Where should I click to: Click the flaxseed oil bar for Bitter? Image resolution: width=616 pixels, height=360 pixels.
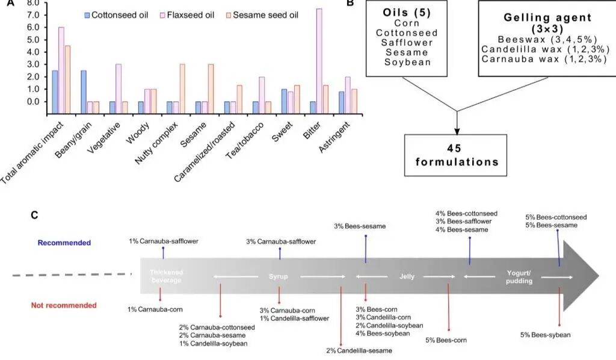coord(319,61)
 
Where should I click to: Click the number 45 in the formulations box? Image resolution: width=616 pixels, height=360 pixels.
coord(455,149)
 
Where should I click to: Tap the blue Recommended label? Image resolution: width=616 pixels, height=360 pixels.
coord(64,243)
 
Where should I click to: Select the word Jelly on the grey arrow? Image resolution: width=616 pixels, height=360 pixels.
coord(407,276)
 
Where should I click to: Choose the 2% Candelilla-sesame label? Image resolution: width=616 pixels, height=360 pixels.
coord(359,350)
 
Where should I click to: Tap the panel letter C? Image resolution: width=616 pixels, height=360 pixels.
coord(34,215)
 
